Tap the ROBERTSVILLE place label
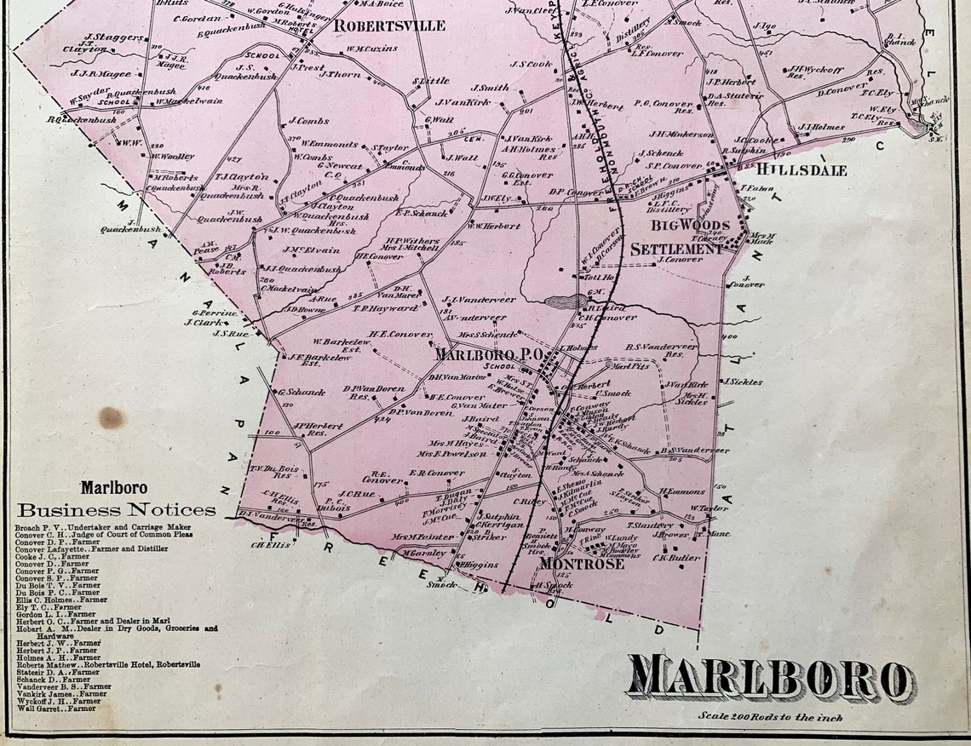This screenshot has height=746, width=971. [x=388, y=26]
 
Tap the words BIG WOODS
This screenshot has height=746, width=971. [x=690, y=226]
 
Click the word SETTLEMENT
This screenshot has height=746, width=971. [x=678, y=250]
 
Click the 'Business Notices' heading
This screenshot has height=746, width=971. [x=117, y=510]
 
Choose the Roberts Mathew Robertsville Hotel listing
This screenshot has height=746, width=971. [x=107, y=664]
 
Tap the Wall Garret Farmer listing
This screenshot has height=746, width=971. [x=55, y=708]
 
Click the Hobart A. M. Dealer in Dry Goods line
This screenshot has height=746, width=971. [x=116, y=628]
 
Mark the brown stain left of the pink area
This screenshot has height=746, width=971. [x=111, y=417]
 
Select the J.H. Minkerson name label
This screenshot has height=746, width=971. [x=681, y=134]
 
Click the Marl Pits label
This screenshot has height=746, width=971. [x=630, y=366]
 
